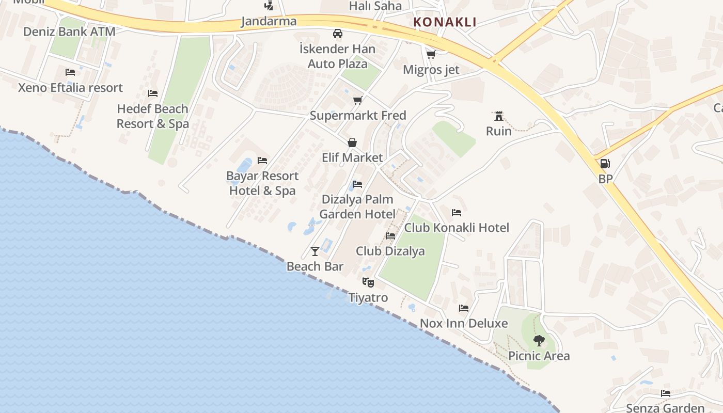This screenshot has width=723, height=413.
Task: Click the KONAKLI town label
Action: [x=445, y=22]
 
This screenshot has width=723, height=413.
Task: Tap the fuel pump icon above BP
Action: [x=605, y=164]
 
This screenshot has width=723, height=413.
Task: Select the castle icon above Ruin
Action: [x=498, y=116]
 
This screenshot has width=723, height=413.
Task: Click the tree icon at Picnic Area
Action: [x=539, y=340]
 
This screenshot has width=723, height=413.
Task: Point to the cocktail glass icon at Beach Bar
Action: [x=315, y=251]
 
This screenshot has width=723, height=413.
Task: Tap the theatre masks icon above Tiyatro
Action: [x=368, y=282]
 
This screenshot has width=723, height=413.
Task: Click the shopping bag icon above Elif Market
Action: [x=352, y=142]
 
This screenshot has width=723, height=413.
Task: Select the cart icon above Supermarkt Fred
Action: [x=357, y=100]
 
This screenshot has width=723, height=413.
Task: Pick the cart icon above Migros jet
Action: [x=431, y=54]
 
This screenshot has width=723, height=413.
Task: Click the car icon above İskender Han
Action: [x=338, y=34]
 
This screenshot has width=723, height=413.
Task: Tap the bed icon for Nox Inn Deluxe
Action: [x=464, y=308]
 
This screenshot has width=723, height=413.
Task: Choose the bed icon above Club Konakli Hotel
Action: [x=457, y=212]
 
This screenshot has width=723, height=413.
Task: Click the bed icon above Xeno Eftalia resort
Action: [x=70, y=72]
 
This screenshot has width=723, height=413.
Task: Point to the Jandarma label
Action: [x=269, y=21]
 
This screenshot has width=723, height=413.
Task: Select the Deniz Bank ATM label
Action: [x=69, y=31]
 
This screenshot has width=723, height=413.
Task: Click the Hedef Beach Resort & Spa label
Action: [x=152, y=116]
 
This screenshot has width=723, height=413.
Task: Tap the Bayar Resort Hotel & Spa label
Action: [x=262, y=183]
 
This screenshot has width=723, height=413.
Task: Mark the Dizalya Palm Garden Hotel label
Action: [x=357, y=206]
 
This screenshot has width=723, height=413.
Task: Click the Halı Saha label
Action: [x=375, y=6]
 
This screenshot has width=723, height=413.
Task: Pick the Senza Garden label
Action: [x=665, y=408]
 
